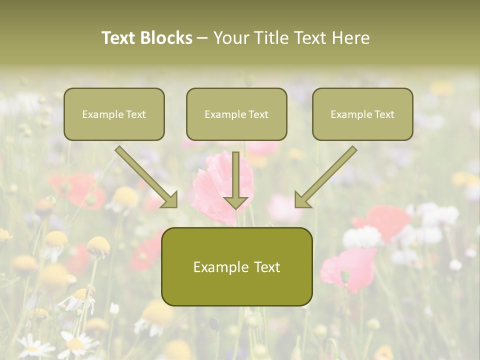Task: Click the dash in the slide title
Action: point(202,38)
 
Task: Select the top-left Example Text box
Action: point(114,114)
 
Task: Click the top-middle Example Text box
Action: point(236,114)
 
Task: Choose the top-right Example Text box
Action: point(362,114)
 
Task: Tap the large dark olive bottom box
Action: point(236,267)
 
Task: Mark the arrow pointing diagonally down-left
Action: point(326,176)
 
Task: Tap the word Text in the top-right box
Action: point(384,114)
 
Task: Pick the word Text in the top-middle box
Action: point(258,114)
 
